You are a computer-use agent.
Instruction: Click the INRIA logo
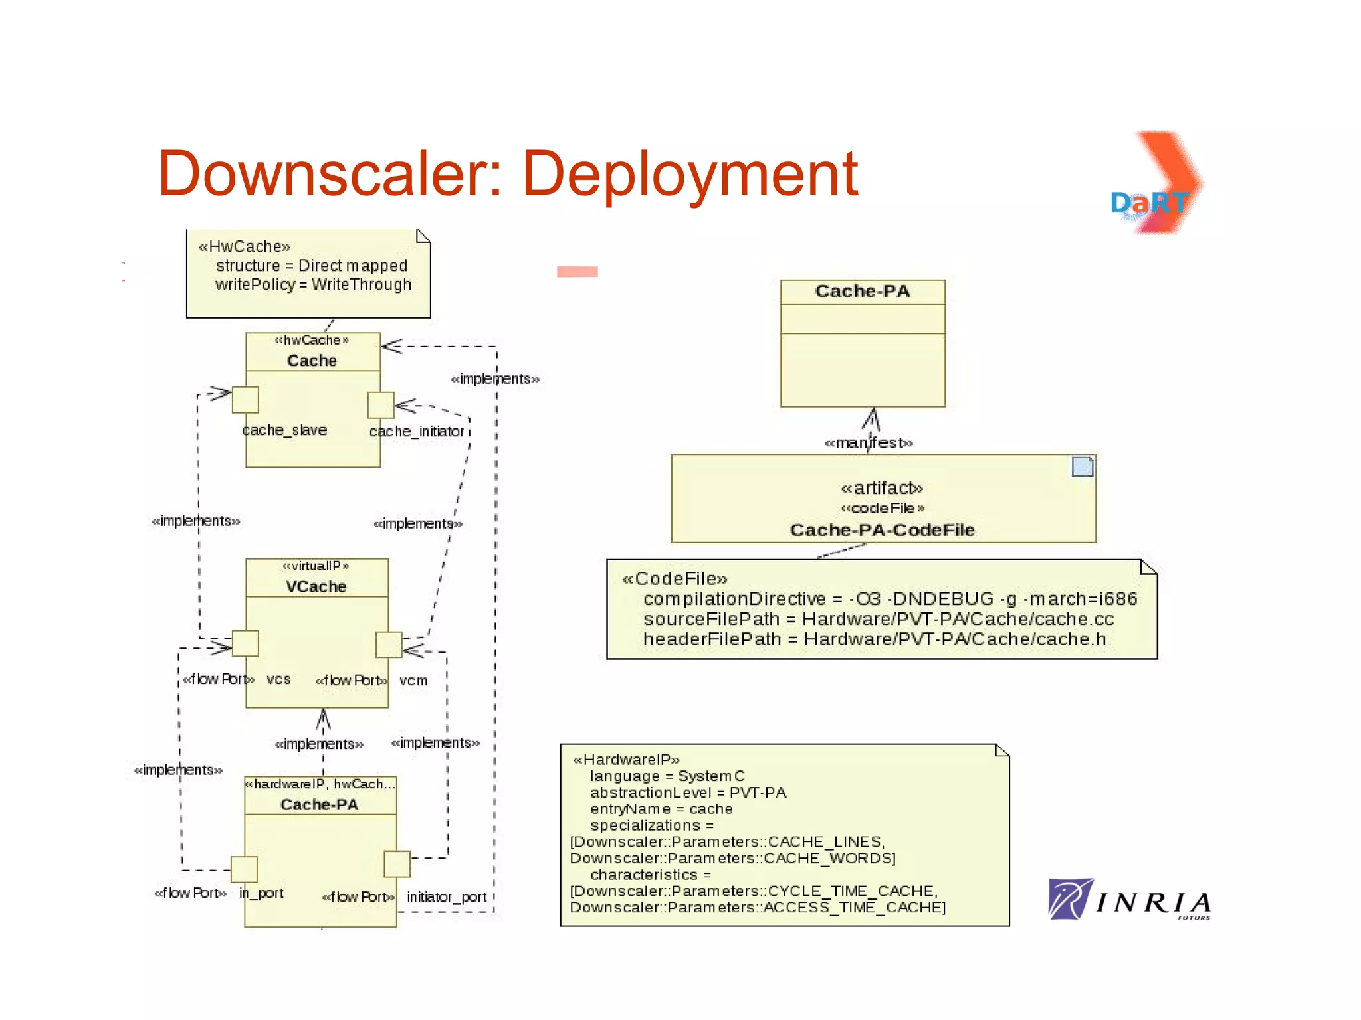point(1130,900)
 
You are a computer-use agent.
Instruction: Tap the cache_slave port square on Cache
point(245,400)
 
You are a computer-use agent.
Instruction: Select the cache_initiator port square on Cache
point(381,405)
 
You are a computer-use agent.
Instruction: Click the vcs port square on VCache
point(245,643)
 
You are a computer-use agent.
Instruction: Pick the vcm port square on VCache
point(389,644)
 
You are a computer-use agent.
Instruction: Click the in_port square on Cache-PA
point(244,869)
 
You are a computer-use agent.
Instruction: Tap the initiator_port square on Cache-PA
point(397,864)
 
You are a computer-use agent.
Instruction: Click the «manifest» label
point(869,443)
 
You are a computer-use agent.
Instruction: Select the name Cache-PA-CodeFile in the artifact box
point(882,530)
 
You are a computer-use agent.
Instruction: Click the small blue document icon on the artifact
point(1083,467)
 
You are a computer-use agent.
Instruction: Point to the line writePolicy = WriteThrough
point(313,285)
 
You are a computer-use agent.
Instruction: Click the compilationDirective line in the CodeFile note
point(889,599)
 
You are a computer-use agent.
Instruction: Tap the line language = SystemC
point(667,776)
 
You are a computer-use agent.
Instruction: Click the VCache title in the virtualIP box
point(316,587)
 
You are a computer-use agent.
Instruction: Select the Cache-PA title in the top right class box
point(862,292)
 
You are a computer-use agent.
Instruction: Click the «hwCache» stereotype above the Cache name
point(312,340)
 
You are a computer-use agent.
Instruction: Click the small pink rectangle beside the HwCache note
point(577,272)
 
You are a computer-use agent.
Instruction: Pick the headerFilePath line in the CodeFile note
point(874,639)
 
